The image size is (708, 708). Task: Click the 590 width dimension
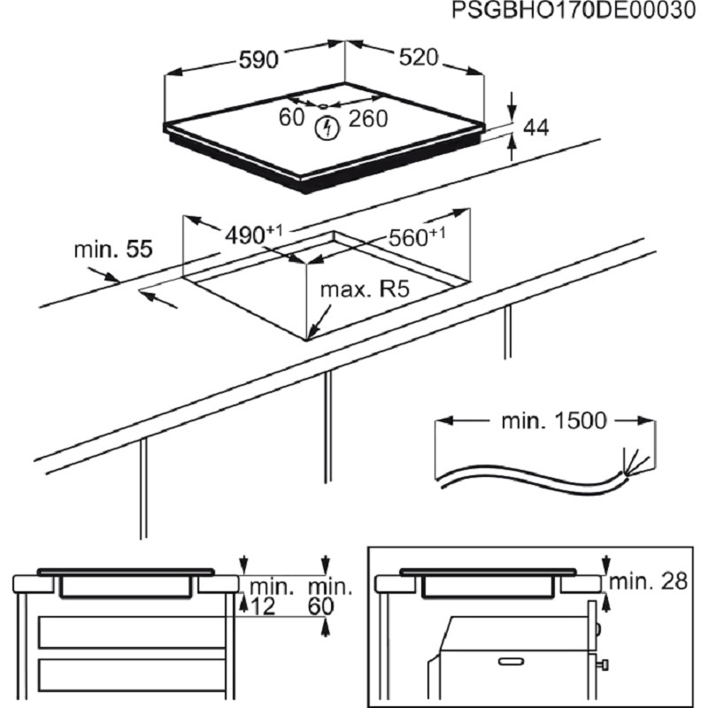(259, 60)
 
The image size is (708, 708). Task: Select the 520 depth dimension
(419, 58)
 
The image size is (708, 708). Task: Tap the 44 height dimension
(536, 128)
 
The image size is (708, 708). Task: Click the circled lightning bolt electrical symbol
(328, 127)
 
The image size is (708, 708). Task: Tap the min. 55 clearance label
(112, 250)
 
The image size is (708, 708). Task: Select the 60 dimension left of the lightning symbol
(291, 117)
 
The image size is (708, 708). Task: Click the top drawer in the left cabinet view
(123, 633)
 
